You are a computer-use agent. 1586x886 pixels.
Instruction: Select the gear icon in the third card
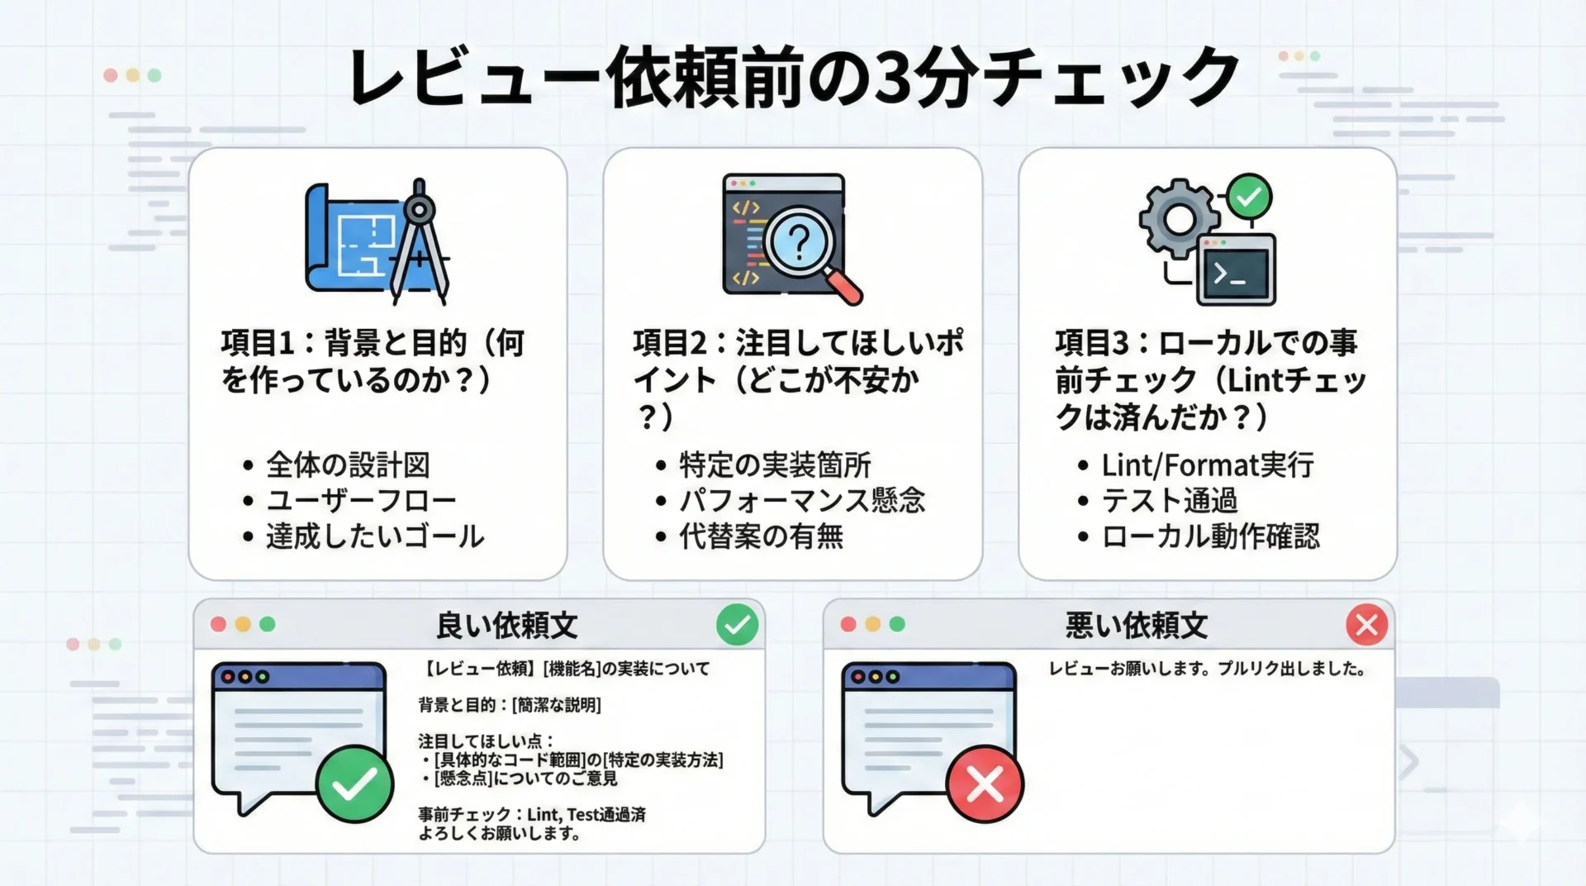click(1179, 218)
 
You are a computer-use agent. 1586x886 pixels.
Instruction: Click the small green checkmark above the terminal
click(1249, 196)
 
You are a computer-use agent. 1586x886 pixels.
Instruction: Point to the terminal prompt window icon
click(1236, 269)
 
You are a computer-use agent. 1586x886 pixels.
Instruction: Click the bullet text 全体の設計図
click(348, 465)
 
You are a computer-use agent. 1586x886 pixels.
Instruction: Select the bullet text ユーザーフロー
click(361, 501)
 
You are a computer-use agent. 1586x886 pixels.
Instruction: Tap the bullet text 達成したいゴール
click(375, 536)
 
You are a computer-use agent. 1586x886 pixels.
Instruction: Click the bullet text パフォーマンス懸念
click(802, 501)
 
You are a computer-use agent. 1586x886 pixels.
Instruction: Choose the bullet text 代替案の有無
click(761, 536)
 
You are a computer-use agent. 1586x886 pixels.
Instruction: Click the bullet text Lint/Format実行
click(1208, 465)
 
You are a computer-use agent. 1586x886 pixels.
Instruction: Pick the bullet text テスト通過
click(1170, 501)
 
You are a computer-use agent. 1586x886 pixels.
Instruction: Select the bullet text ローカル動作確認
click(1210, 536)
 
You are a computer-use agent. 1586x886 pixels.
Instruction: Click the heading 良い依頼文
click(506, 626)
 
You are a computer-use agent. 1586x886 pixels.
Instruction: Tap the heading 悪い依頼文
click(1136, 626)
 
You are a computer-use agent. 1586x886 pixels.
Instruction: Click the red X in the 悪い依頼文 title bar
click(1366, 624)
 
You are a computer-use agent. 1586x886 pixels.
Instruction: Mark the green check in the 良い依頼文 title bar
click(737, 624)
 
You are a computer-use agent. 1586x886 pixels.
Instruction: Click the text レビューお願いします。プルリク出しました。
click(1207, 669)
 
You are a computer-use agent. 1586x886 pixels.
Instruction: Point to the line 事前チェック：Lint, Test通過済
click(532, 815)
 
